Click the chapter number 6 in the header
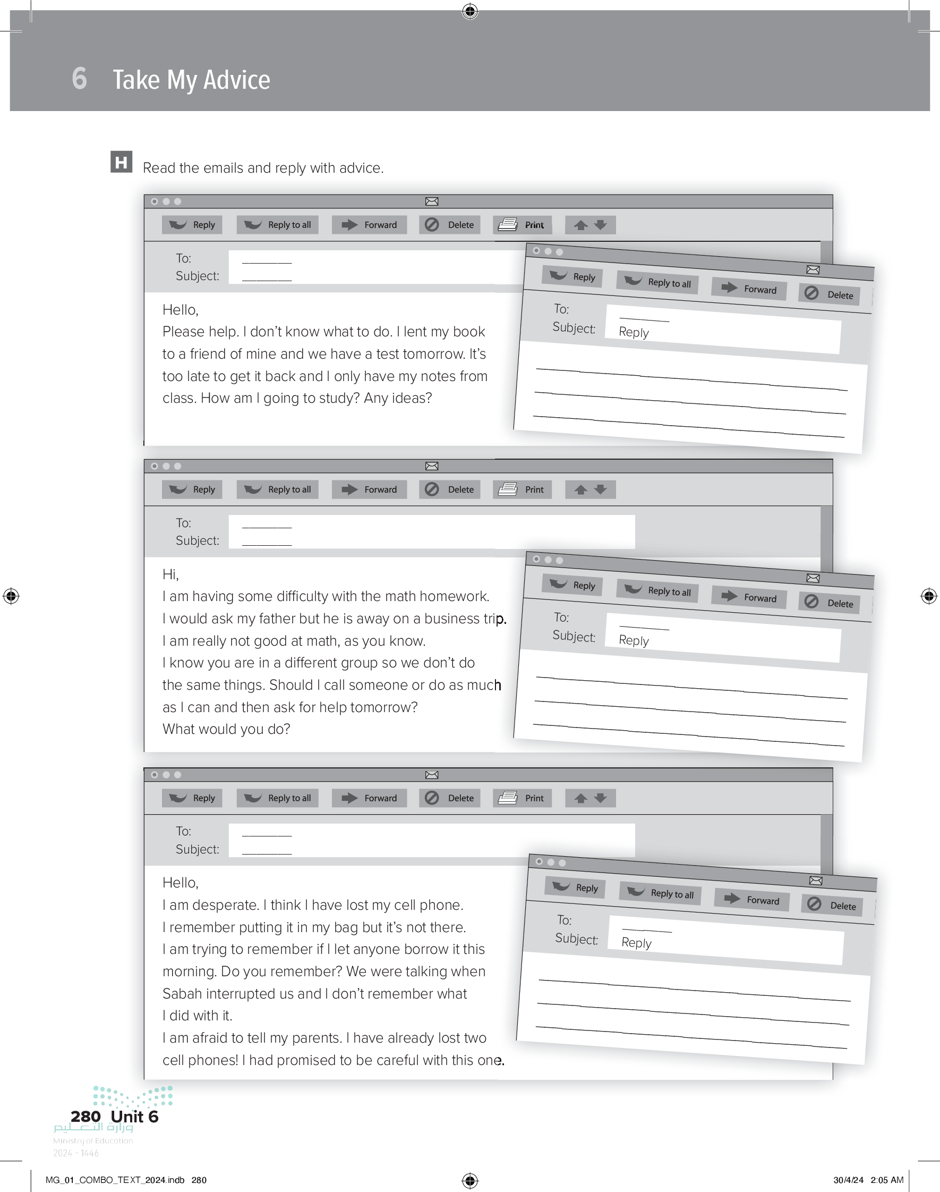point(79,78)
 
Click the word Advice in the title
point(237,80)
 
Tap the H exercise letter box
point(121,162)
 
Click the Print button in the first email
point(522,225)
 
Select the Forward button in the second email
point(369,489)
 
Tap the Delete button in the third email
point(450,798)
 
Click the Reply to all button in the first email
point(277,225)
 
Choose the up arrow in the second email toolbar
point(580,489)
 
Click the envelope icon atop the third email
point(432,775)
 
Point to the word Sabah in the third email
point(183,993)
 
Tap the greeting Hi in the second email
point(170,575)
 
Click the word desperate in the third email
point(225,905)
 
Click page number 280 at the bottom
point(86,1116)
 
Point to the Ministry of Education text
point(93,1141)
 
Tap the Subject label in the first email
point(198,276)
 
